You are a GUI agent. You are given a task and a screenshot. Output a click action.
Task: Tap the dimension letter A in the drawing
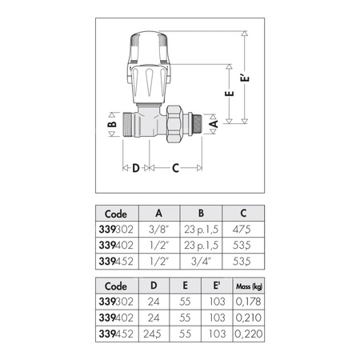[213, 125]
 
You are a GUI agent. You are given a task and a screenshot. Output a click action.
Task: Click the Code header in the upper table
[116, 214]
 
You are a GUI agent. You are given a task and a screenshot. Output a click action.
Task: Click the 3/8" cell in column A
[159, 228]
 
